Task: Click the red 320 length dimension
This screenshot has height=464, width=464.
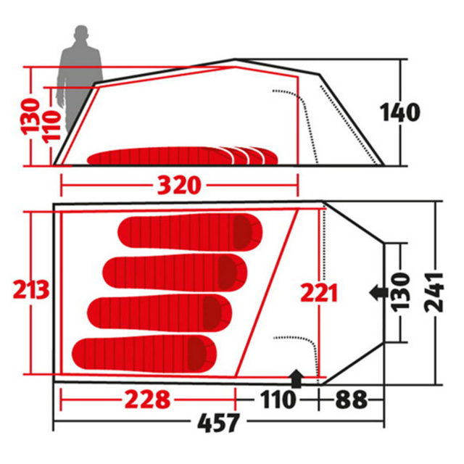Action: pyautogui.click(x=179, y=186)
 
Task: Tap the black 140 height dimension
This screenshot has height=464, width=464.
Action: pyautogui.click(x=400, y=112)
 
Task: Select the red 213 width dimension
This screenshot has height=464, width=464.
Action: pyautogui.click(x=31, y=289)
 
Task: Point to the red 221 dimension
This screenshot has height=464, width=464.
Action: pyautogui.click(x=319, y=292)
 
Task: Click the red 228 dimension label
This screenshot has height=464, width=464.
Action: pyautogui.click(x=147, y=399)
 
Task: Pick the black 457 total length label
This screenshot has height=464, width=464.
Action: pyautogui.click(x=218, y=423)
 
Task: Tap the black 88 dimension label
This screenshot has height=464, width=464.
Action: pyautogui.click(x=351, y=399)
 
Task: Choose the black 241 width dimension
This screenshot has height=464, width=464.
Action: pyautogui.click(x=434, y=293)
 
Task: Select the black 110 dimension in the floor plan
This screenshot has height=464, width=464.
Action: pyautogui.click(x=278, y=399)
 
